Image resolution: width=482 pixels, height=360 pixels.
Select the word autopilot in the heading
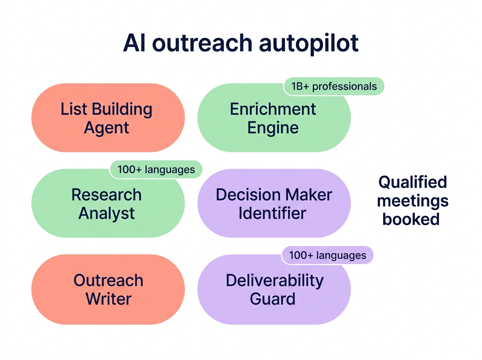click(308, 43)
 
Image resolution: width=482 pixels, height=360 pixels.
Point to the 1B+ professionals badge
click(334, 86)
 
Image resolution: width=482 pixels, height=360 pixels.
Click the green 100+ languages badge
click(156, 170)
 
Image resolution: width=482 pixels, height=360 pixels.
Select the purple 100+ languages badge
click(327, 256)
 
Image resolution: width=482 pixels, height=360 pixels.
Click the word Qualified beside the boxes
click(413, 182)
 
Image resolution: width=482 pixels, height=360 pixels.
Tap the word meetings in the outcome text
click(413, 201)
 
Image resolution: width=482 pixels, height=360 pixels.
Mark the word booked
click(411, 219)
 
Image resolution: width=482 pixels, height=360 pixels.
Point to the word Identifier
click(272, 213)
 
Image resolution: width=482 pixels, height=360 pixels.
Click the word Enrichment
click(273, 109)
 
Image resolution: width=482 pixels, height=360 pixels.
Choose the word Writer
click(108, 299)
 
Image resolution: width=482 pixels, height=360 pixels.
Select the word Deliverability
click(274, 280)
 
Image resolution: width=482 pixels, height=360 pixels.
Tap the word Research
click(106, 195)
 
